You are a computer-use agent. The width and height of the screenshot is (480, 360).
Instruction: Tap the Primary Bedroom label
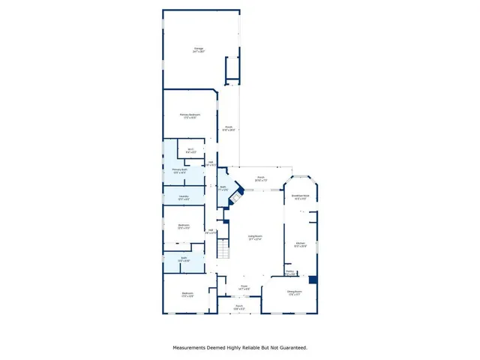point(189,116)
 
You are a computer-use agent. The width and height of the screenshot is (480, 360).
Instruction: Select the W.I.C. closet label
point(190,151)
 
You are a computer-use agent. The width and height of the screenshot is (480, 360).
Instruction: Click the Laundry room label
point(183,197)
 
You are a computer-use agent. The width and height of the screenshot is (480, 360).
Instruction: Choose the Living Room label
point(255,238)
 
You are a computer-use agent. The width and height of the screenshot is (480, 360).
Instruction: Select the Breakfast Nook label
point(299,199)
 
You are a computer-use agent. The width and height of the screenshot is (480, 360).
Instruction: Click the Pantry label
point(289,273)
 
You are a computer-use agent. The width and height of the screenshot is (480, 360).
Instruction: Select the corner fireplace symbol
point(237,196)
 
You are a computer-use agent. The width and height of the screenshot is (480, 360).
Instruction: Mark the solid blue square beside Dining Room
point(313,280)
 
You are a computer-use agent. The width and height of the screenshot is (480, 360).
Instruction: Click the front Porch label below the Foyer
point(239,306)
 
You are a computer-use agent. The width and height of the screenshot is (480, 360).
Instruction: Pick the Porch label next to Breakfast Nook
point(260,179)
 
